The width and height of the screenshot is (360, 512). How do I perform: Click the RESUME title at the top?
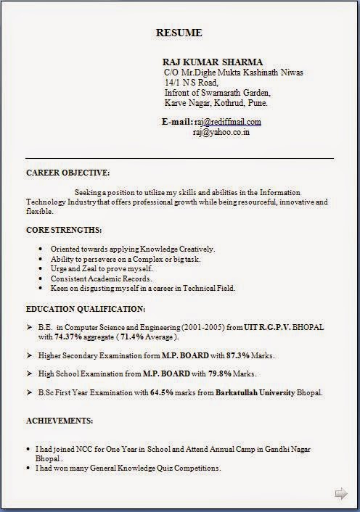[179, 33]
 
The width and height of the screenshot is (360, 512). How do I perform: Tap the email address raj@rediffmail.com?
[227, 122]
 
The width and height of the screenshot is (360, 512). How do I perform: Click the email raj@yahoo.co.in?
[221, 133]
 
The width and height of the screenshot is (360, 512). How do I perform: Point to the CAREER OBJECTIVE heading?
[68, 173]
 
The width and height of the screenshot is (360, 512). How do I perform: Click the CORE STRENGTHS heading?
[64, 230]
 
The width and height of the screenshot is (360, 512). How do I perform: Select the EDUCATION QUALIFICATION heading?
[86, 308]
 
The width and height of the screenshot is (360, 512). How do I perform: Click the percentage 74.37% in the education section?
[70, 337]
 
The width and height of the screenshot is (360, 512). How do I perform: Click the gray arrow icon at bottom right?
[340, 494]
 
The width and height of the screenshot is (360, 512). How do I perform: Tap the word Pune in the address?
[258, 103]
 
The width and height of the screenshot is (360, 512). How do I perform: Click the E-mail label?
[176, 122]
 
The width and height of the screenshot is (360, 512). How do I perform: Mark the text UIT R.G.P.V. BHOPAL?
[285, 328]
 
